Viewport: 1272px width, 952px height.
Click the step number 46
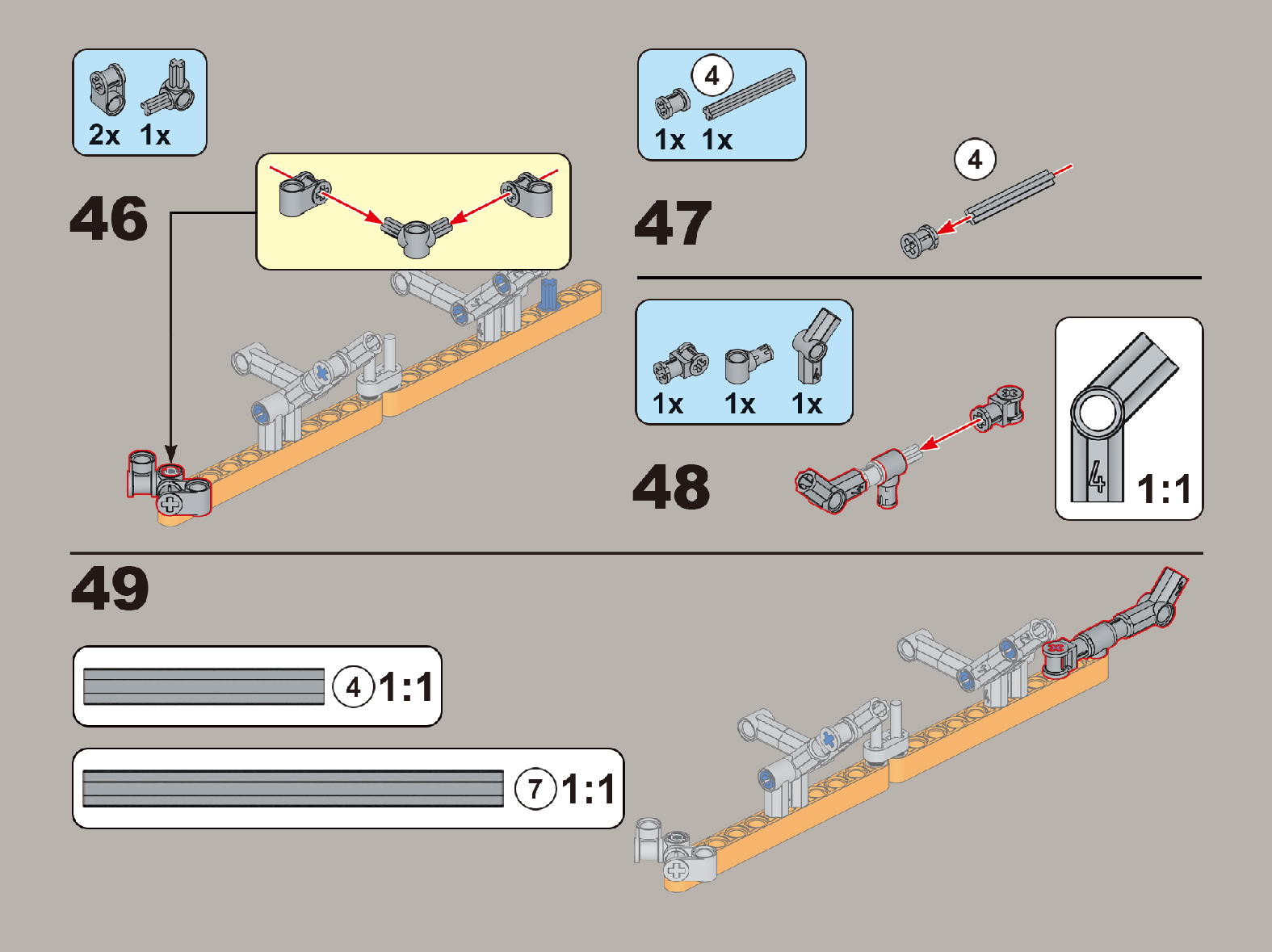(x=108, y=218)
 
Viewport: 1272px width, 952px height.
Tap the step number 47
(x=673, y=222)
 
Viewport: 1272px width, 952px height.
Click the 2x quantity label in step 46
(x=104, y=135)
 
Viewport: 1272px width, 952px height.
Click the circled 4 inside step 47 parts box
(x=712, y=75)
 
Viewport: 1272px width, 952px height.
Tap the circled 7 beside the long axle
(x=535, y=789)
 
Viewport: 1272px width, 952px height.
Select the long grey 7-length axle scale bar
(x=293, y=789)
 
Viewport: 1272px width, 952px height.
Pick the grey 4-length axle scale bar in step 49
(x=204, y=686)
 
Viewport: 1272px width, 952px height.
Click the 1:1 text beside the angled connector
(x=1164, y=489)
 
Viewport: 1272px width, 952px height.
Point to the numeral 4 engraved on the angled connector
(x=1095, y=476)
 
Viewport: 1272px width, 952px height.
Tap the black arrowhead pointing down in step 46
(x=170, y=453)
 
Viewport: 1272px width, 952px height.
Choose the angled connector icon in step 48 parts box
(x=816, y=346)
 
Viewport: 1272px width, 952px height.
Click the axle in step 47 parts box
(x=749, y=94)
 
